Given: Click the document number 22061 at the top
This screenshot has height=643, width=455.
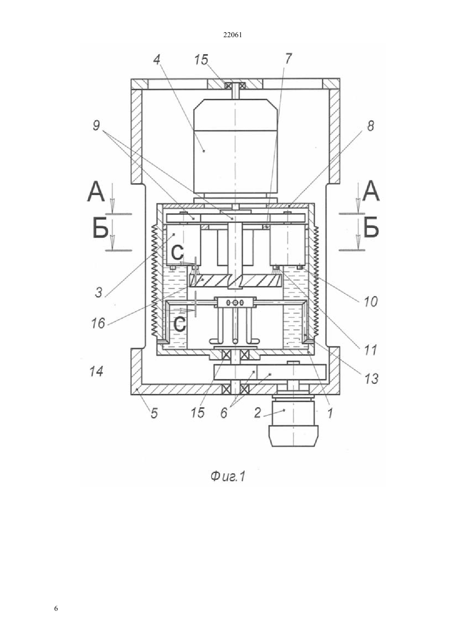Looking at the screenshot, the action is pyautogui.click(x=232, y=35).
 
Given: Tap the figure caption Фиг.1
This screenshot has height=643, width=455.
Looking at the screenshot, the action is pyautogui.click(x=228, y=477).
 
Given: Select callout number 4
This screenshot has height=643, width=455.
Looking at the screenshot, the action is pyautogui.click(x=156, y=60).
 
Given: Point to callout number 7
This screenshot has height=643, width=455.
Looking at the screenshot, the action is pyautogui.click(x=288, y=59).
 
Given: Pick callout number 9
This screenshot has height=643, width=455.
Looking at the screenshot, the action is pyautogui.click(x=96, y=126).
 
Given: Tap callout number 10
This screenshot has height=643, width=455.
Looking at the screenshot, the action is pyautogui.click(x=371, y=302).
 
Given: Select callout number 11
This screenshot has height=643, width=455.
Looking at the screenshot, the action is pyautogui.click(x=370, y=350).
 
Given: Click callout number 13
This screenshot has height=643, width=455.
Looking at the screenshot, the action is pyautogui.click(x=371, y=379).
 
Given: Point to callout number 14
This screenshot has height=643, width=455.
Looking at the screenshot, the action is pyautogui.click(x=96, y=372).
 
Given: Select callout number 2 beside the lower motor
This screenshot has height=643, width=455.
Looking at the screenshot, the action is pyautogui.click(x=257, y=413).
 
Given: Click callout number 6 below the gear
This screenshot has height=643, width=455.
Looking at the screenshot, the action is pyautogui.click(x=224, y=413).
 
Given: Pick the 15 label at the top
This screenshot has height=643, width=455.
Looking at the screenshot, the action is pyautogui.click(x=201, y=60).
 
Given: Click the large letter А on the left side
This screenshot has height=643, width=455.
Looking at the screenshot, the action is pyautogui.click(x=96, y=192).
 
